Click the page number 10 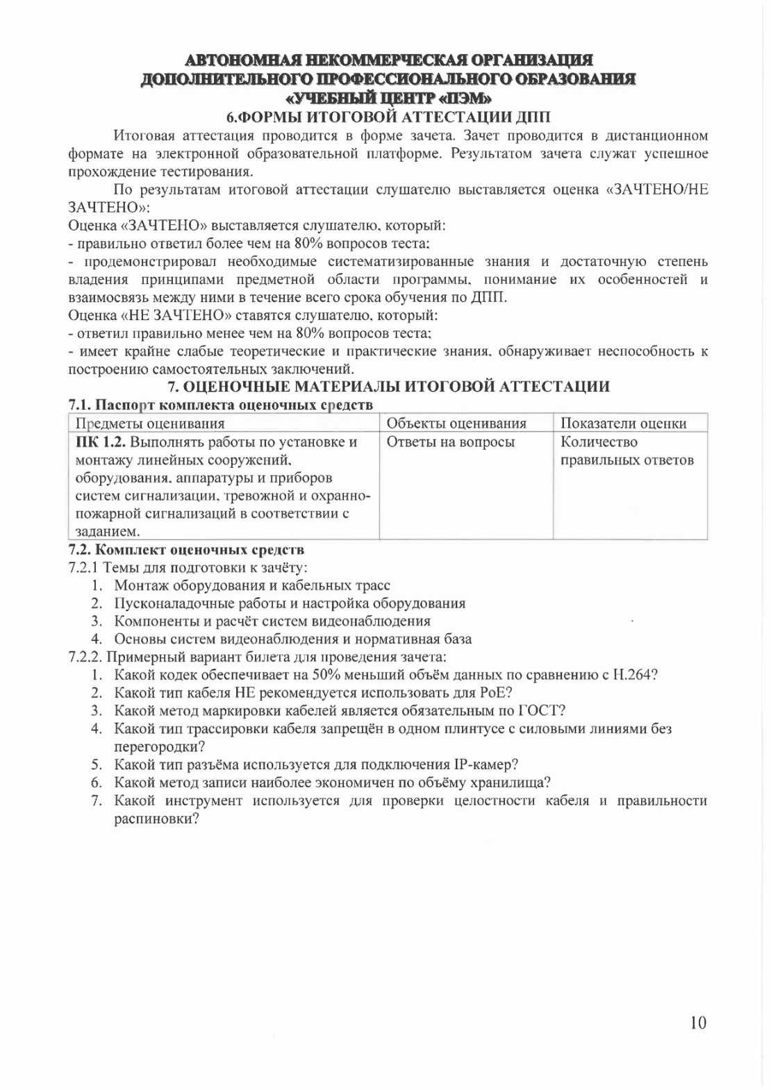click(x=698, y=1022)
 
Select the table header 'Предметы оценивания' click(x=150, y=424)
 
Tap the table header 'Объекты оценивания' click(x=456, y=424)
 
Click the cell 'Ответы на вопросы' click(x=450, y=442)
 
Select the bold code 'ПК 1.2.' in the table click(x=100, y=442)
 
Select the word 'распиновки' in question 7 click(x=153, y=819)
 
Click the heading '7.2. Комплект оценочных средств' click(x=186, y=551)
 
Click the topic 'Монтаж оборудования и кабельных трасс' click(x=252, y=585)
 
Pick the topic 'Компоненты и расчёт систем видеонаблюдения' click(x=272, y=621)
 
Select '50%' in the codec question click(x=325, y=674)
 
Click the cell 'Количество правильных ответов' click(x=627, y=451)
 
